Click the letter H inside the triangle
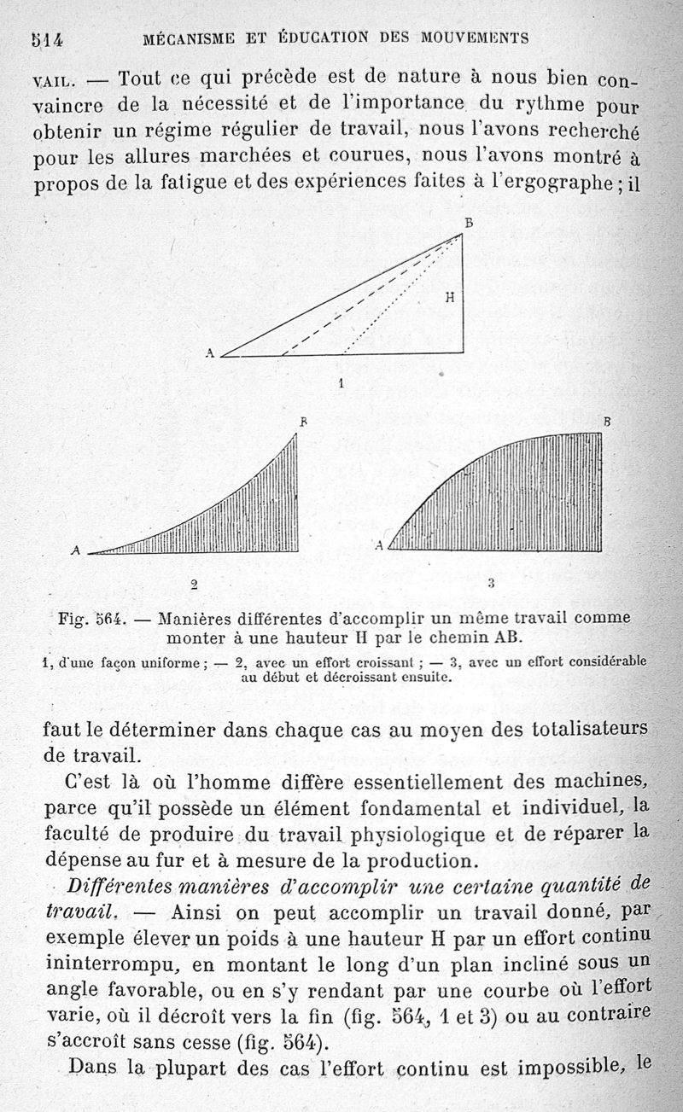[x=449, y=298]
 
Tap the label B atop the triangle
[x=468, y=224]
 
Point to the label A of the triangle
[x=209, y=352]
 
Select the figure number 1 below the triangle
[x=341, y=384]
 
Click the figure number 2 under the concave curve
[x=195, y=585]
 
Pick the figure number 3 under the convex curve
[x=491, y=585]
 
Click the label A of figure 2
[x=75, y=552]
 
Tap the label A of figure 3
[x=379, y=546]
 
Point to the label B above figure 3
[x=607, y=422]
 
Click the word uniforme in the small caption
[x=170, y=661]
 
